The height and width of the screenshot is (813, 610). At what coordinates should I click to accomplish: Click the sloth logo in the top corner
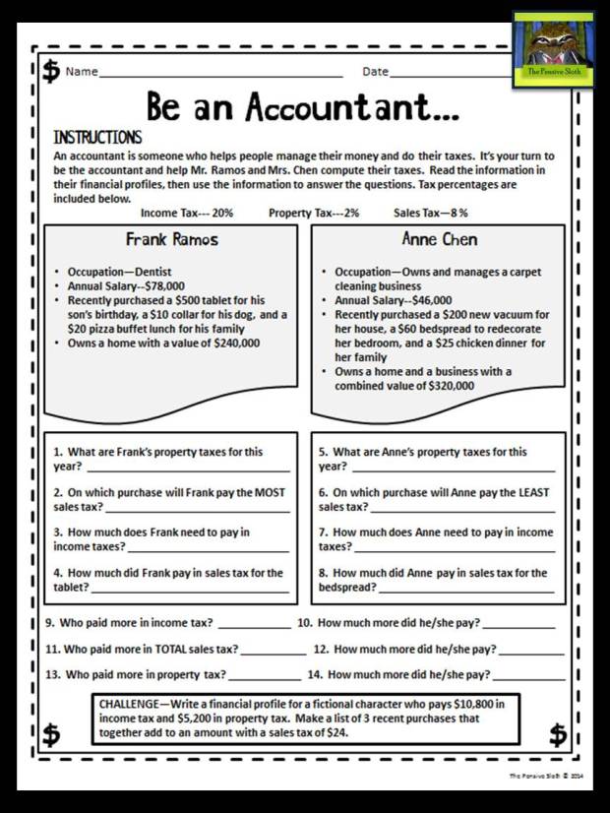point(553,49)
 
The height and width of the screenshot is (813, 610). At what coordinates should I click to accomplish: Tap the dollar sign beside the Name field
point(50,73)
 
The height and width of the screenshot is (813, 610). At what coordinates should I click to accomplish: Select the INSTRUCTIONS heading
point(97,138)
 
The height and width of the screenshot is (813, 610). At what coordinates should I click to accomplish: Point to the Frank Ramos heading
point(172,239)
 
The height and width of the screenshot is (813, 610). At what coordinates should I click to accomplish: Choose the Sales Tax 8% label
point(431,213)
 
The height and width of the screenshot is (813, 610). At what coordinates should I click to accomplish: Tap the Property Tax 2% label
point(314,213)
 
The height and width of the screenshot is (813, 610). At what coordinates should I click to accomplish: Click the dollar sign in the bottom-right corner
point(558,734)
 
